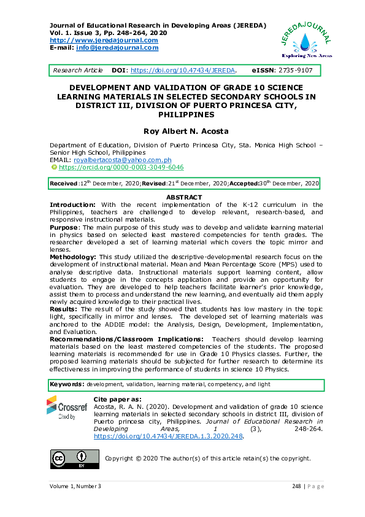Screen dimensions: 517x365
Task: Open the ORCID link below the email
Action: coord(121,167)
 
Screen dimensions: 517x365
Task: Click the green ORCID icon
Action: coord(54,167)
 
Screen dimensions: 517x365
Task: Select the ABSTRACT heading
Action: coord(185,197)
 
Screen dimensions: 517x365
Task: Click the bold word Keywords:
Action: coord(67,384)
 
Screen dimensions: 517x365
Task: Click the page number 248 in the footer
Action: coord(296,486)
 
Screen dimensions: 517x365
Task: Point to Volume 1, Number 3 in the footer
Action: coord(75,486)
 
